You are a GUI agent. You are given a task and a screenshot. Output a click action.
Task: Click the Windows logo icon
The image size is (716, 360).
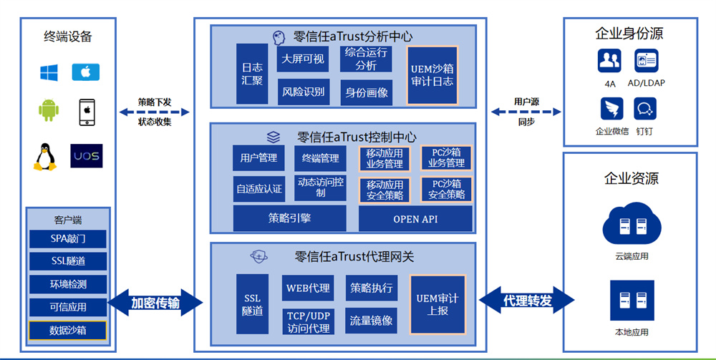pos(49,72)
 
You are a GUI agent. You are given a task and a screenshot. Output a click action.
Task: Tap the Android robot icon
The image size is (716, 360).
pos(49,111)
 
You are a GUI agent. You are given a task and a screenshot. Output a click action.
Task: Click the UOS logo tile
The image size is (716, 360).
pos(87,156)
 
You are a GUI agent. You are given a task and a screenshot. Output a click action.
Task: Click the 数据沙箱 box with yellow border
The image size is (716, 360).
pos(68,330)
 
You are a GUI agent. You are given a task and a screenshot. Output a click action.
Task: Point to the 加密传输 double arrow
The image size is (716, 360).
pos(155,302)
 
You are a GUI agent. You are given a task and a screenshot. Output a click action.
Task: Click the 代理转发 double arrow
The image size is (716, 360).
pos(527,301)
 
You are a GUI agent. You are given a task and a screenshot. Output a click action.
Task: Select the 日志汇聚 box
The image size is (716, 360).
pos(251,74)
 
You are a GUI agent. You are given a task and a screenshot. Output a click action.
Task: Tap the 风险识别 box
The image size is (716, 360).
pos(303,92)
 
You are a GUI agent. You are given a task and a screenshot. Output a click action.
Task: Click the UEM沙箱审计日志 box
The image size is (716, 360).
pos(432,75)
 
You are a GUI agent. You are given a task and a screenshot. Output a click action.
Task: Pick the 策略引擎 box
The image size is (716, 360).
pos(289,218)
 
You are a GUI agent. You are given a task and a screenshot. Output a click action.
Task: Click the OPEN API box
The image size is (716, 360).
pos(415,219)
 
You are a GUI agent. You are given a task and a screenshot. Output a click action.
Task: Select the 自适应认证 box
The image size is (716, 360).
pos(259,190)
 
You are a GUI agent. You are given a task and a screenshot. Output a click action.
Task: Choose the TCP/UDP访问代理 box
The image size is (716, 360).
pos(309,321)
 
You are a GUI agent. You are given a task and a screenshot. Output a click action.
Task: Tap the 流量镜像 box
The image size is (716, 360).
pos(371,321)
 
